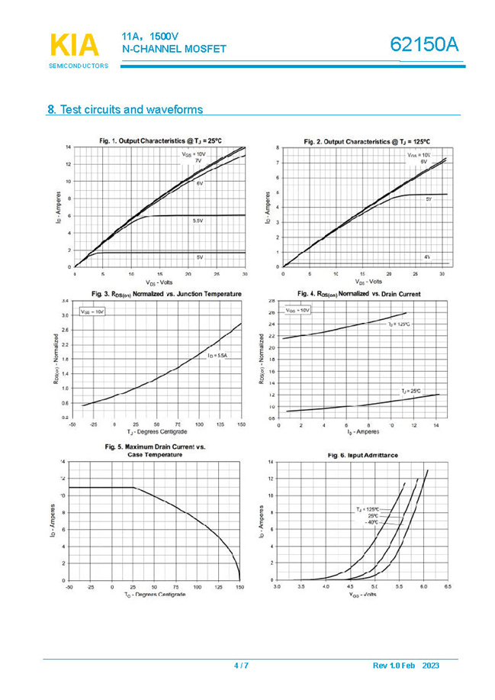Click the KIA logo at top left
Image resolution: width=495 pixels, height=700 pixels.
tap(75, 44)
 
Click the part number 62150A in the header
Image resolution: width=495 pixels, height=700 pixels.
tap(426, 45)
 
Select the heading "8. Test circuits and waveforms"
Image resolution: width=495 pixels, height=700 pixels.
tap(125, 110)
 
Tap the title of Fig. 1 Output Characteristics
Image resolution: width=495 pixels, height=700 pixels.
tap(160, 140)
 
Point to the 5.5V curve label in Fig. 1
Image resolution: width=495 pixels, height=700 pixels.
tap(198, 221)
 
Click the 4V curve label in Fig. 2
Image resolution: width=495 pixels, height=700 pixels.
tap(427, 257)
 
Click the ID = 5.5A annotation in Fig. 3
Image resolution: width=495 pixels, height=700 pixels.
tap(217, 356)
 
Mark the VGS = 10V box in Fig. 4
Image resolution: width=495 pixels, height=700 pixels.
tap(297, 311)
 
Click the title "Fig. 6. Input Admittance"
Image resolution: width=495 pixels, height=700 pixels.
tap(362, 455)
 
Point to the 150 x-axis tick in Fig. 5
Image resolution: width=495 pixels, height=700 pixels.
tap(239, 587)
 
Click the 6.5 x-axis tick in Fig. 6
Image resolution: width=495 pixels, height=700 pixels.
tap(448, 587)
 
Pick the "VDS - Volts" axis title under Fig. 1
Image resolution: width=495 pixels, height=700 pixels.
tap(159, 281)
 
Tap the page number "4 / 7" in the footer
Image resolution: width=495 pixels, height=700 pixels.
tap(241, 666)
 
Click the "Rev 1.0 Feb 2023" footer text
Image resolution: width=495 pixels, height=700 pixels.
tap(406, 666)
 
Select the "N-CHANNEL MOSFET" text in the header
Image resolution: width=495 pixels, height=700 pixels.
tap(174, 50)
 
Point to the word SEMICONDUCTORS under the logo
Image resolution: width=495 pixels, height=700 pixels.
tap(78, 66)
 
